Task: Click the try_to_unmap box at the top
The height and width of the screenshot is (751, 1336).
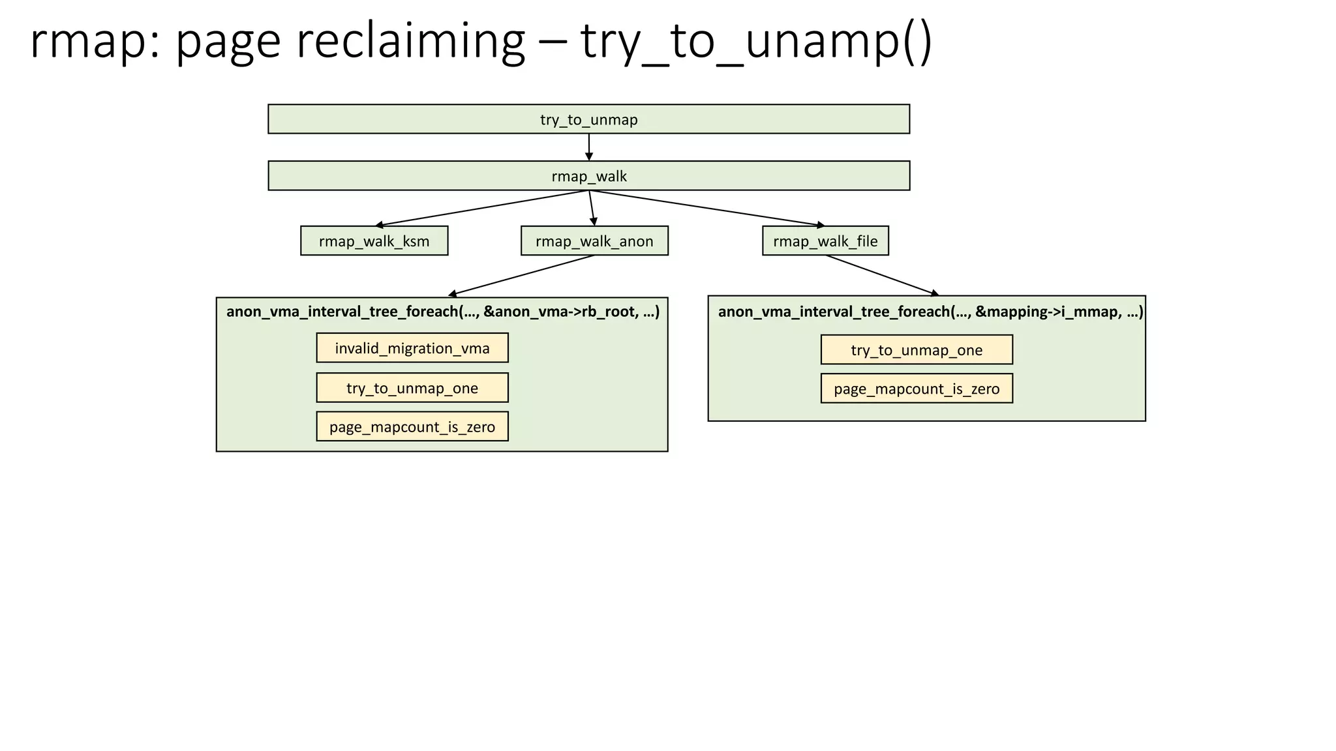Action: coord(588,119)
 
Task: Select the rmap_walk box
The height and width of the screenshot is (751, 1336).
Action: coord(588,176)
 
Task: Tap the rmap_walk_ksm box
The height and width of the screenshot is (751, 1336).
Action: coord(374,241)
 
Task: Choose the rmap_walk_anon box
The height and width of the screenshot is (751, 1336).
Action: coord(594,241)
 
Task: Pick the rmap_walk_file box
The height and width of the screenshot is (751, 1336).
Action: coord(825,241)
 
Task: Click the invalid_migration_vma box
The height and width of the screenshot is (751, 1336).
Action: coord(412,348)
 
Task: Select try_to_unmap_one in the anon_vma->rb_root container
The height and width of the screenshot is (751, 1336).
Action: coord(412,388)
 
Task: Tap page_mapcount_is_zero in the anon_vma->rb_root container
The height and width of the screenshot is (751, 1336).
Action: coord(412,427)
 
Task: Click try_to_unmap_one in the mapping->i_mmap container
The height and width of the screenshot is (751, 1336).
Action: coord(917,350)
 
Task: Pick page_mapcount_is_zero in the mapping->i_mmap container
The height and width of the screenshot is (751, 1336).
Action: coord(917,389)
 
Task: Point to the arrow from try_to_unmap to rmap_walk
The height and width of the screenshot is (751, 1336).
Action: coord(588,147)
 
